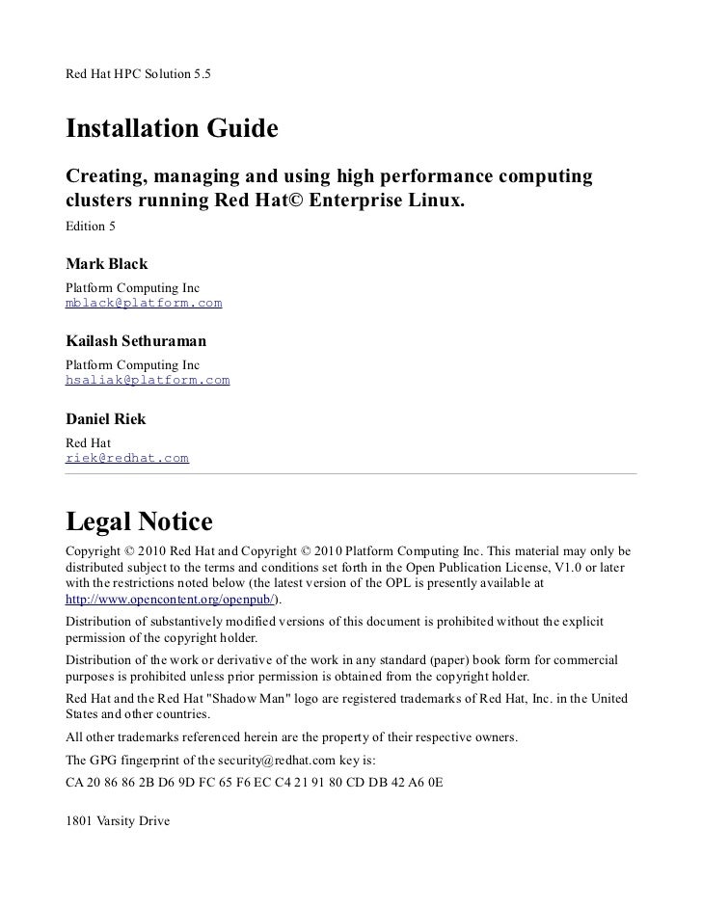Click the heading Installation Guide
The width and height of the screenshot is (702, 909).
point(171,128)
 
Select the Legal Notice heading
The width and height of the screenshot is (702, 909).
point(138,521)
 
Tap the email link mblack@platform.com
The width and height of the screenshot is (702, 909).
point(143,303)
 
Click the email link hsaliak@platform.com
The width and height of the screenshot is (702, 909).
point(147,380)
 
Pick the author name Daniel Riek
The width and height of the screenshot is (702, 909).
point(105,419)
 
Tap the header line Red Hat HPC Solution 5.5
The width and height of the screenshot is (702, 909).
point(137,73)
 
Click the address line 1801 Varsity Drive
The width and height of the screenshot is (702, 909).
point(116,821)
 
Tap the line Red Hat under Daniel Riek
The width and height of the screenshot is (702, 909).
point(88,442)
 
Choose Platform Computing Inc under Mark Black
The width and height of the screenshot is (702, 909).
point(131,288)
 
